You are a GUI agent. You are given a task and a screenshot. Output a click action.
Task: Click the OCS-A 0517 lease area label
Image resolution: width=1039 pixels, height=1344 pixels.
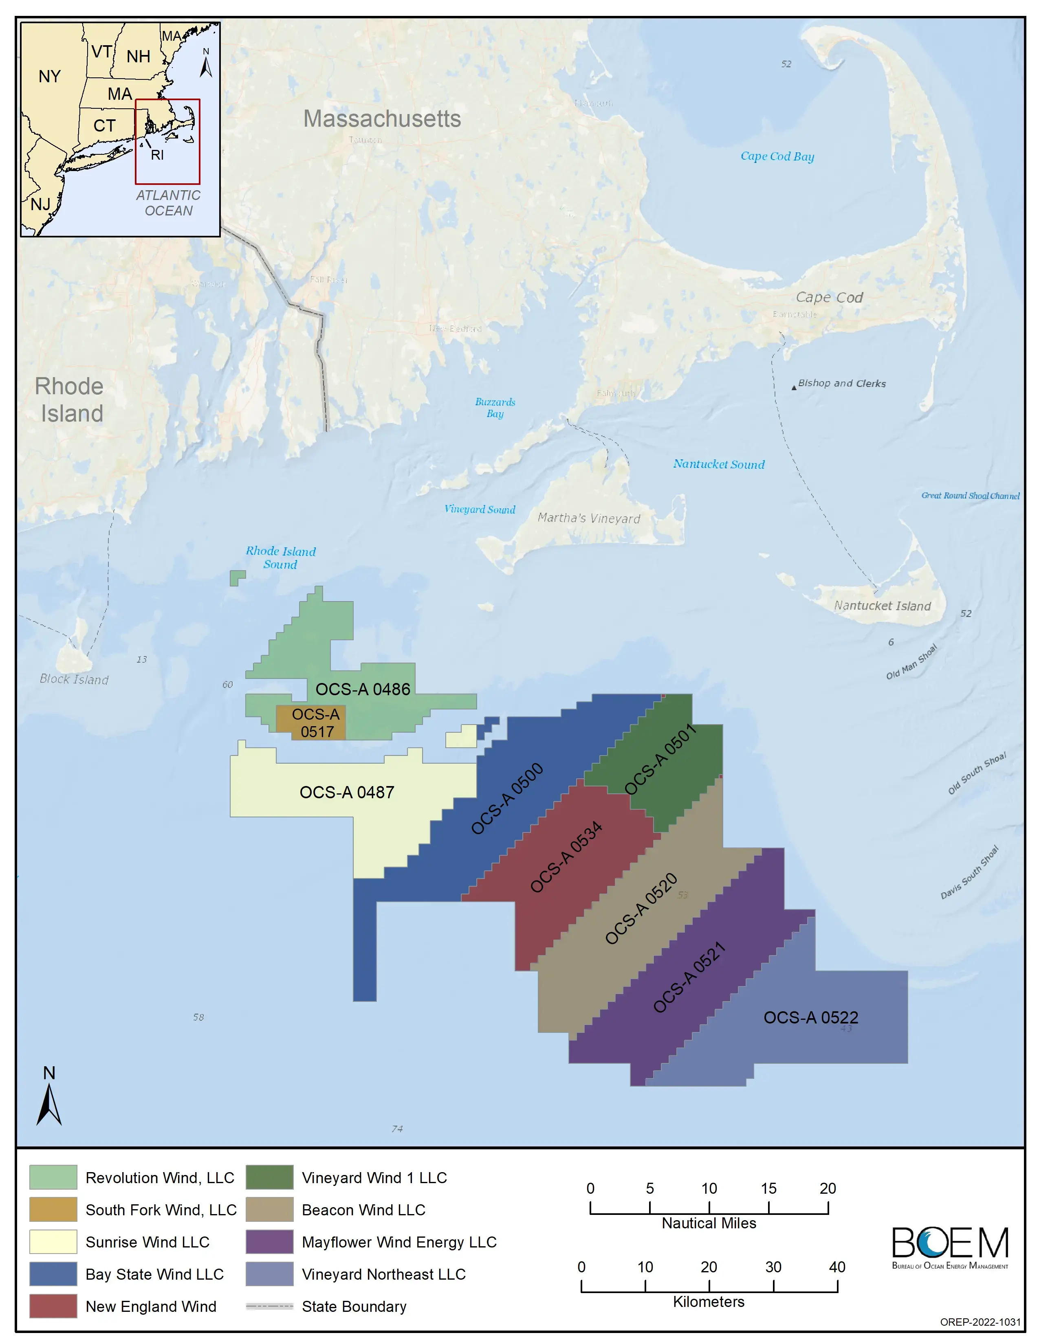(x=316, y=723)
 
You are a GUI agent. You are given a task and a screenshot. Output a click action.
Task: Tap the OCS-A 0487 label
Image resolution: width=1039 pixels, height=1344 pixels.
(x=347, y=792)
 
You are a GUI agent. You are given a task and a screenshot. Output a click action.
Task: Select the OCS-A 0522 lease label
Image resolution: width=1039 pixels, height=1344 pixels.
(x=811, y=1017)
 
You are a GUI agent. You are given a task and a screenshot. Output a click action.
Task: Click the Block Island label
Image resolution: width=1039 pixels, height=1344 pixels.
(x=74, y=679)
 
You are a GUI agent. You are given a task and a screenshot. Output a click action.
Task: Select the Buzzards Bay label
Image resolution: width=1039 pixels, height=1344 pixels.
(x=495, y=407)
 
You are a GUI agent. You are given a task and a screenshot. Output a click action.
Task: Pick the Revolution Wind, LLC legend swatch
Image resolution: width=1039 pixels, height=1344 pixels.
(x=53, y=1177)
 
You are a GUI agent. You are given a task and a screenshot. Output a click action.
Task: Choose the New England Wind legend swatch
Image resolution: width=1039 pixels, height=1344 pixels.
(x=53, y=1306)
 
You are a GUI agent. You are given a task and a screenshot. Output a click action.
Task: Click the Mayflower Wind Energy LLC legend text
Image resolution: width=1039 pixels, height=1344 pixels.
(x=399, y=1242)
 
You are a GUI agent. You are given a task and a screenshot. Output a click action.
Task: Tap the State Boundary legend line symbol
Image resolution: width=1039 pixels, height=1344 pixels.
(x=269, y=1306)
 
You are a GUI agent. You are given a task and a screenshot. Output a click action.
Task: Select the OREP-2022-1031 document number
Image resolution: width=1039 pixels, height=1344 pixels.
(x=980, y=1322)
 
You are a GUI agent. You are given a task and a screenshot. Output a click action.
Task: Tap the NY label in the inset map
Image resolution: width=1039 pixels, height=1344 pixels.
(x=50, y=76)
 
